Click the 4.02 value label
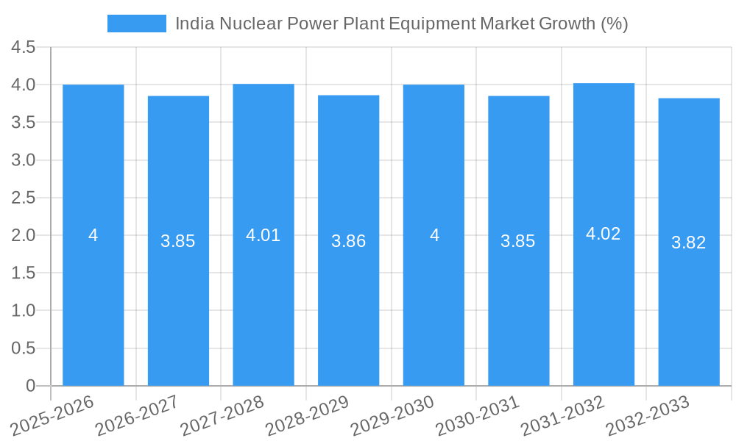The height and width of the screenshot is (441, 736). coord(604,234)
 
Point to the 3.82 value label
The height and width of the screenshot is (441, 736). coord(688,243)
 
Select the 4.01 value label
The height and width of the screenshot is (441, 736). coord(263,235)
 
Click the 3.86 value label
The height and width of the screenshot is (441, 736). coord(348,241)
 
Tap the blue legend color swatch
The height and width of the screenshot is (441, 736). coord(136,24)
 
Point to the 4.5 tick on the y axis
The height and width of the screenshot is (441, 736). coord(24,48)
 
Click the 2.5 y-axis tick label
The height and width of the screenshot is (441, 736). coord(24,198)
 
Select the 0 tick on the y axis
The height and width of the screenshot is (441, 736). coord(30,385)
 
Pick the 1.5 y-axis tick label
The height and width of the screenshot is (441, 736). coord(24,273)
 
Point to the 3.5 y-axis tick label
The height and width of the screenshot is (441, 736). coord(24,123)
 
